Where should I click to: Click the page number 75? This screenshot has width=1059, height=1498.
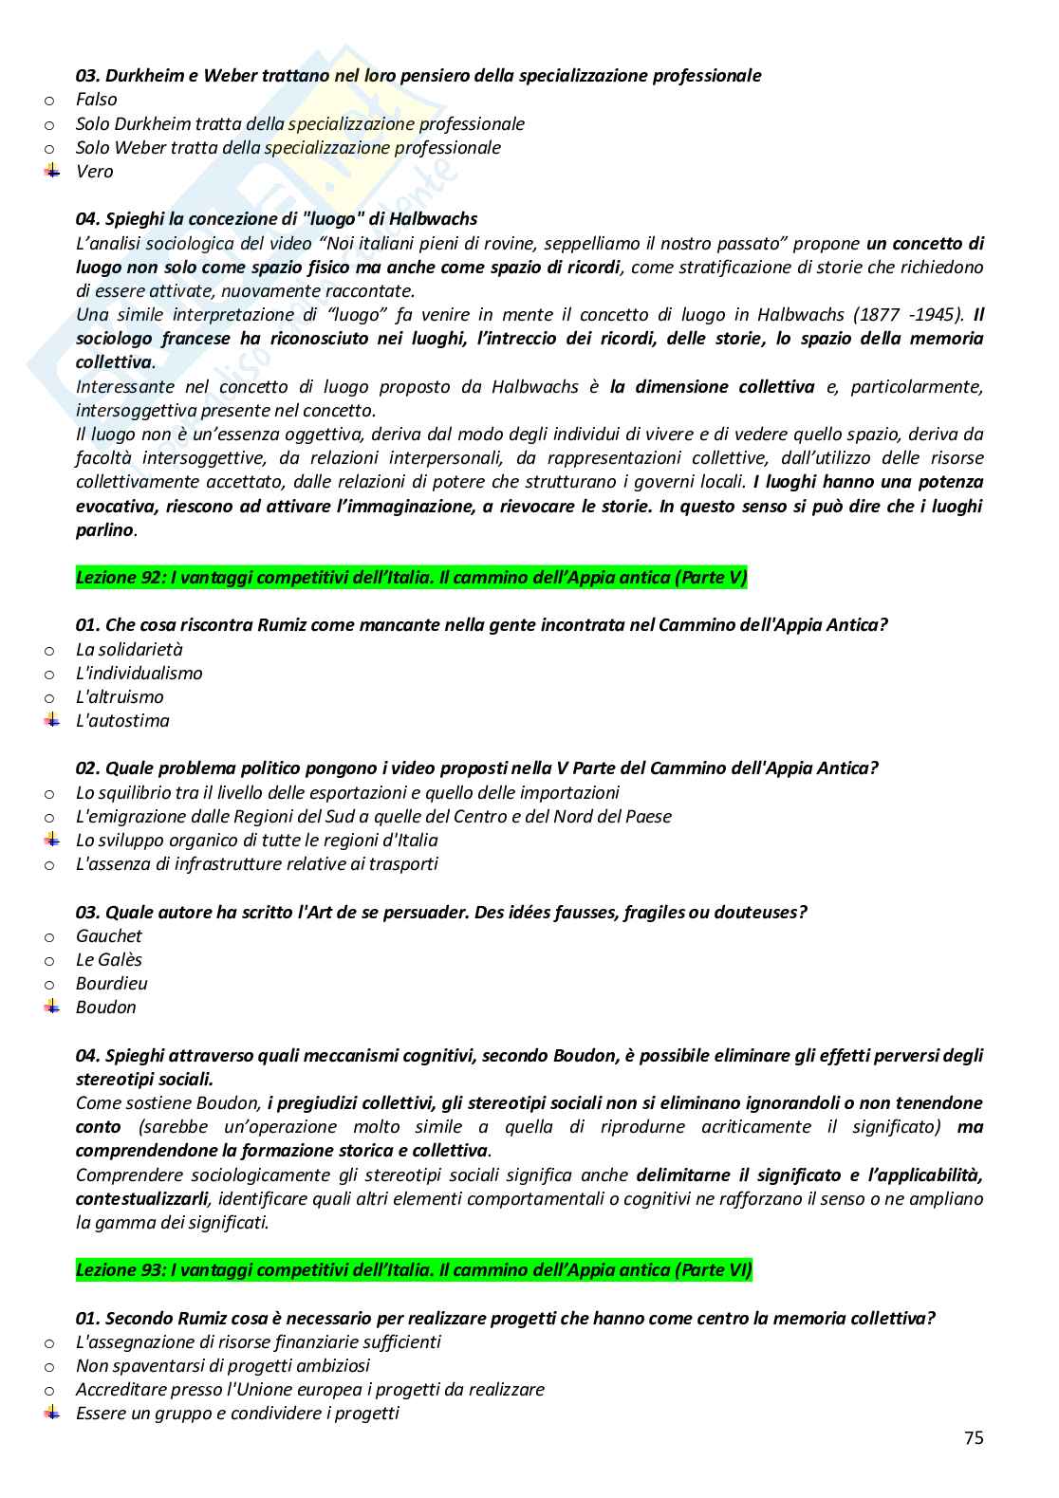coord(974,1438)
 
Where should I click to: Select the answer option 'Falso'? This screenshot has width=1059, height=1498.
coord(97,100)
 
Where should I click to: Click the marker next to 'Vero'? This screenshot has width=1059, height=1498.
coord(50,172)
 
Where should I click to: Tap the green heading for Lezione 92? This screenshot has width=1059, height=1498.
coord(411,578)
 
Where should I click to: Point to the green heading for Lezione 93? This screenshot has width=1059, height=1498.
coord(414,1270)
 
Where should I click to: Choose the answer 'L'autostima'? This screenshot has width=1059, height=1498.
coord(122,721)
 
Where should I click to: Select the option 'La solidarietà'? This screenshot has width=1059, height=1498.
coord(129,650)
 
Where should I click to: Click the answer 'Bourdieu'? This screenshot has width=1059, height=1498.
coord(112,984)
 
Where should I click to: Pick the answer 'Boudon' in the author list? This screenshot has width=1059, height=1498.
coord(106,1008)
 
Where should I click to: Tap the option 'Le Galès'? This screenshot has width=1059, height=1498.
coord(109,960)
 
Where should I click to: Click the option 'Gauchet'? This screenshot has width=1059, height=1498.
coord(109,936)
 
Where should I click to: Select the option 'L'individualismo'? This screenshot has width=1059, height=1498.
coord(139,674)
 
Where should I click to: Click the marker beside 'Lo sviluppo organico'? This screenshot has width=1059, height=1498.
coord(50,841)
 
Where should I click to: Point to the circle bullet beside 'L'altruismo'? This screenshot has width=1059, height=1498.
coord(49,698)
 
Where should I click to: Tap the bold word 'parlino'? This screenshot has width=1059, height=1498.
coord(104,530)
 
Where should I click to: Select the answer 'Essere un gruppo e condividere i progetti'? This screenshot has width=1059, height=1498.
coord(237,1414)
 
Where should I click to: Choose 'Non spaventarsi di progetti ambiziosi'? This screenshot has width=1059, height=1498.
coord(223,1366)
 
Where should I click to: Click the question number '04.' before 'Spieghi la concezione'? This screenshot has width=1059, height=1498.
coord(88,219)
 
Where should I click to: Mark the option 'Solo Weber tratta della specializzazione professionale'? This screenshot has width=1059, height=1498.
coord(288,148)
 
